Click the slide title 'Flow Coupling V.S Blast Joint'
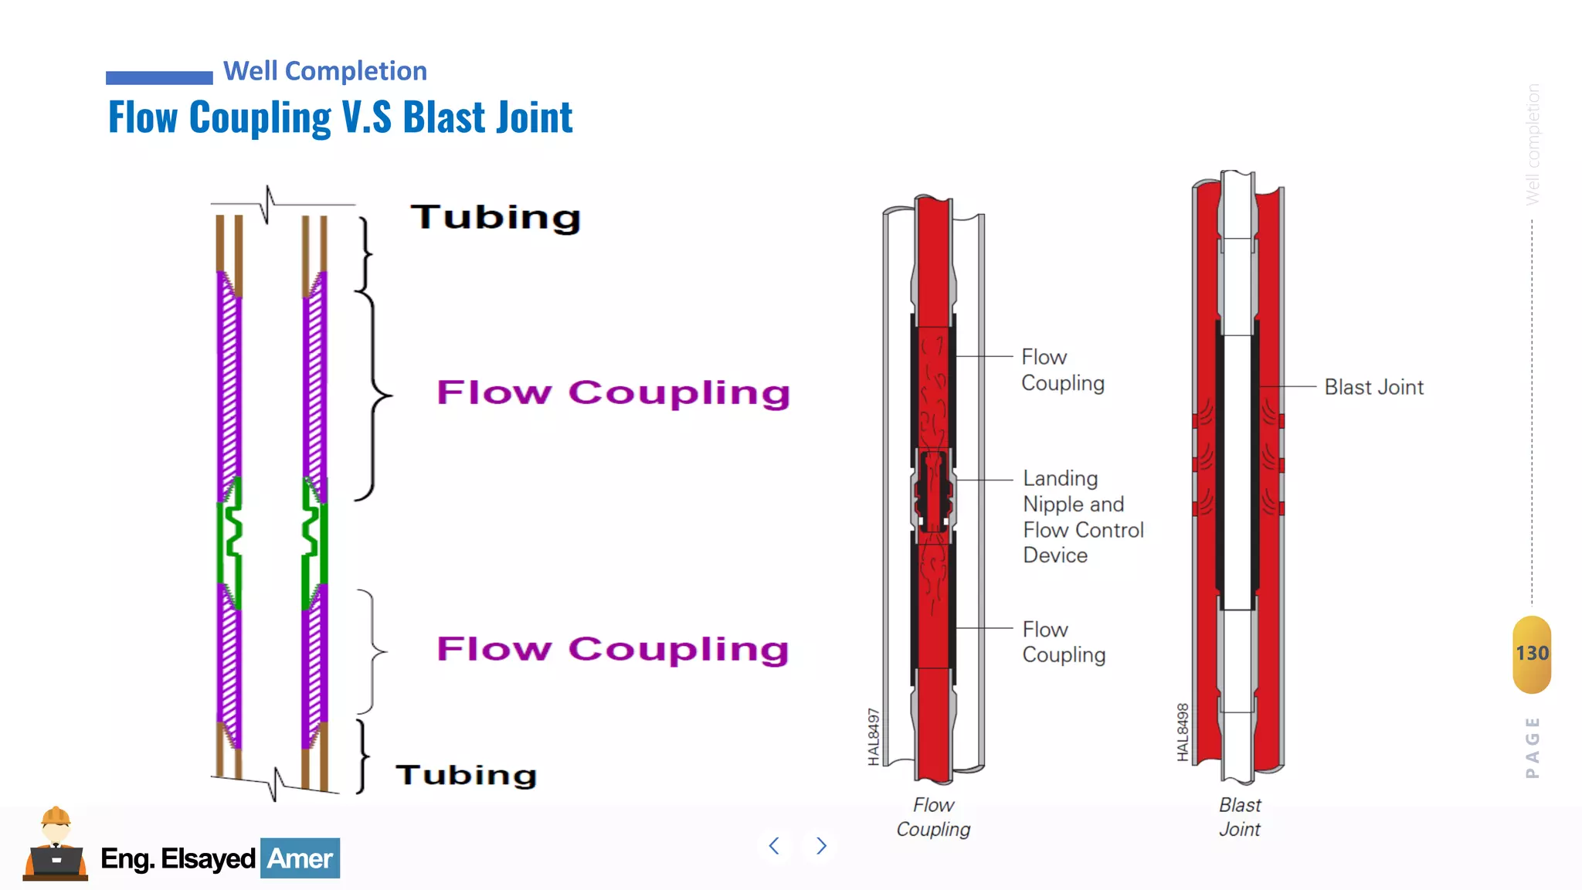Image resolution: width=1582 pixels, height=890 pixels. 340,117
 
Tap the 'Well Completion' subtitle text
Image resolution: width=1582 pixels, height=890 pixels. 324,71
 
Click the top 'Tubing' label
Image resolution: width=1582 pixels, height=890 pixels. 495,217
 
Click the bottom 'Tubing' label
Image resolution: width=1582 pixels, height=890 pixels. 466,775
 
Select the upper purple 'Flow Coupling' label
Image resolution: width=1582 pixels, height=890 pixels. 613,392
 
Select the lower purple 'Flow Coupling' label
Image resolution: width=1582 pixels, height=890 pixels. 613,649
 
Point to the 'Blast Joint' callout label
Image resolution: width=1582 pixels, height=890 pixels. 1373,387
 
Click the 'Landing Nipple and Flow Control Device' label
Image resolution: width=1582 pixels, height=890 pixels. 1082,517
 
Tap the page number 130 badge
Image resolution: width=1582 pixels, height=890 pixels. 1532,654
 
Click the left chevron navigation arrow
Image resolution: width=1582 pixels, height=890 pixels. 774,846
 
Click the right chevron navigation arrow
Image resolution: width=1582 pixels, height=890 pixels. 821,846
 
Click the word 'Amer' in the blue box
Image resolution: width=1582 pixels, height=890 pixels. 300,858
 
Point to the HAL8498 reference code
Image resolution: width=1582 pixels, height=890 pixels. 1183,732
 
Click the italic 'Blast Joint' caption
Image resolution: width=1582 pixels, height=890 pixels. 1240,817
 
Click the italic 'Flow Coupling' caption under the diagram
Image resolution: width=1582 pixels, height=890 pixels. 933,817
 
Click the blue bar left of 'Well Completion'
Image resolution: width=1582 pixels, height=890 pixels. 159,77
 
